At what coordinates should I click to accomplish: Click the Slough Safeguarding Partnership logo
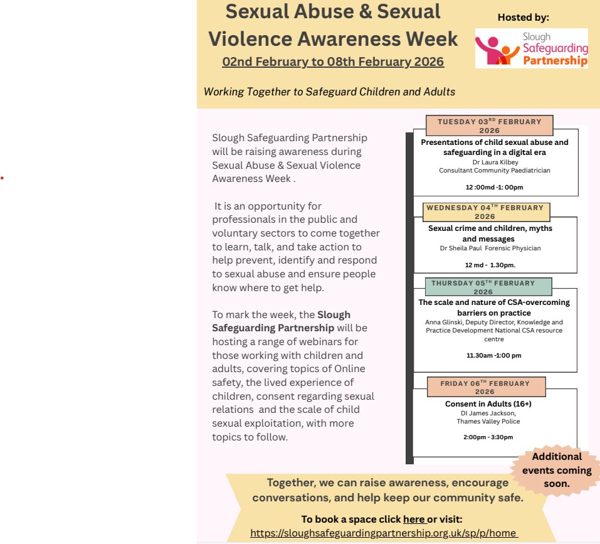(x=531, y=48)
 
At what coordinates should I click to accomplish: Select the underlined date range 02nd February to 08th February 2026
(x=333, y=62)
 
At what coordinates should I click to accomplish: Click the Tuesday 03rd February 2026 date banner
(x=489, y=125)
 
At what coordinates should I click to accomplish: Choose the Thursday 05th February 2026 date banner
(x=483, y=287)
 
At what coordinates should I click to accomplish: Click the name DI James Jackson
(x=488, y=413)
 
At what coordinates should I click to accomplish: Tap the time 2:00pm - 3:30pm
(x=488, y=437)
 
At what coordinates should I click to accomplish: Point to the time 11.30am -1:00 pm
(x=493, y=355)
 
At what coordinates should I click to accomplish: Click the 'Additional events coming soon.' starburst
(x=557, y=470)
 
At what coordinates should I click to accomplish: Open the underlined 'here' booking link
(x=414, y=519)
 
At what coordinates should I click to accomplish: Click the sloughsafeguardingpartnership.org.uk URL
(x=383, y=533)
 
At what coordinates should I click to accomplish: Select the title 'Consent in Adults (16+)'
(x=488, y=403)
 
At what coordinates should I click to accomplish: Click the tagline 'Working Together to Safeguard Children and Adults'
(x=329, y=92)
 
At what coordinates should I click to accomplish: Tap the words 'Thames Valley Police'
(x=488, y=422)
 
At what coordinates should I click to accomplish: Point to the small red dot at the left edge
(x=2, y=178)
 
